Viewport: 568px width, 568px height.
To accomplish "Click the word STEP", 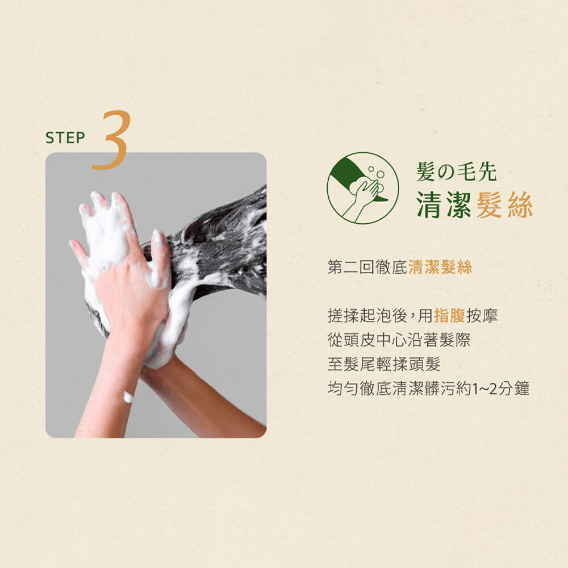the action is tap(65, 137).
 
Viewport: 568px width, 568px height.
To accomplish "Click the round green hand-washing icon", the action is tap(362, 188).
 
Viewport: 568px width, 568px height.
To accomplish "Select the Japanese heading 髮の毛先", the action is tap(457, 172).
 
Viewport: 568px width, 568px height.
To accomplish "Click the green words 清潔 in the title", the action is tap(444, 205).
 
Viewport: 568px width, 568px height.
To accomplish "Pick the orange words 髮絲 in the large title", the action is tap(504, 205).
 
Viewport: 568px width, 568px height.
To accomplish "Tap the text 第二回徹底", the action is tap(367, 268).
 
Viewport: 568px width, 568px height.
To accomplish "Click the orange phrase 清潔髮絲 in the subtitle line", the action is tap(440, 268).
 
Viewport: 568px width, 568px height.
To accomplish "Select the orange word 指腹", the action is tap(449, 315).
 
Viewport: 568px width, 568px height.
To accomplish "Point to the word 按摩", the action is tap(482, 315).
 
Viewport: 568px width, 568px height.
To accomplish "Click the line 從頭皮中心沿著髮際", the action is tap(399, 340).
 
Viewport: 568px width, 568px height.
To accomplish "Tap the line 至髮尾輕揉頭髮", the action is tap(384, 364).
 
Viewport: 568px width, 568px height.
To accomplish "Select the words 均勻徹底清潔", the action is tap(375, 389).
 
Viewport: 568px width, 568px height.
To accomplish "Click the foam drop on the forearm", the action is tap(128, 396).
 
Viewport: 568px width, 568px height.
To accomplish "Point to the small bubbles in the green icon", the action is tap(377, 174).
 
